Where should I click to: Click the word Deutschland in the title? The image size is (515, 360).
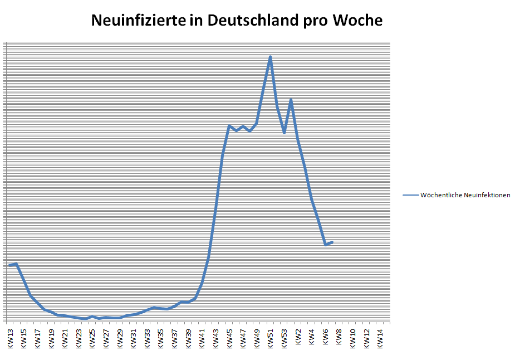pos(253,21)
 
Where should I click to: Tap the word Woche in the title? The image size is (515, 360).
pos(357,21)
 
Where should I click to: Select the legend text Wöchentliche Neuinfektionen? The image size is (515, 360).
pos(465,195)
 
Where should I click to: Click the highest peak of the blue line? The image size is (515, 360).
pos(271,57)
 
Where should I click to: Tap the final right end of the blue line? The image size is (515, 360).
pos(332,242)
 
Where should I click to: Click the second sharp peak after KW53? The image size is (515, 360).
pos(291,100)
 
